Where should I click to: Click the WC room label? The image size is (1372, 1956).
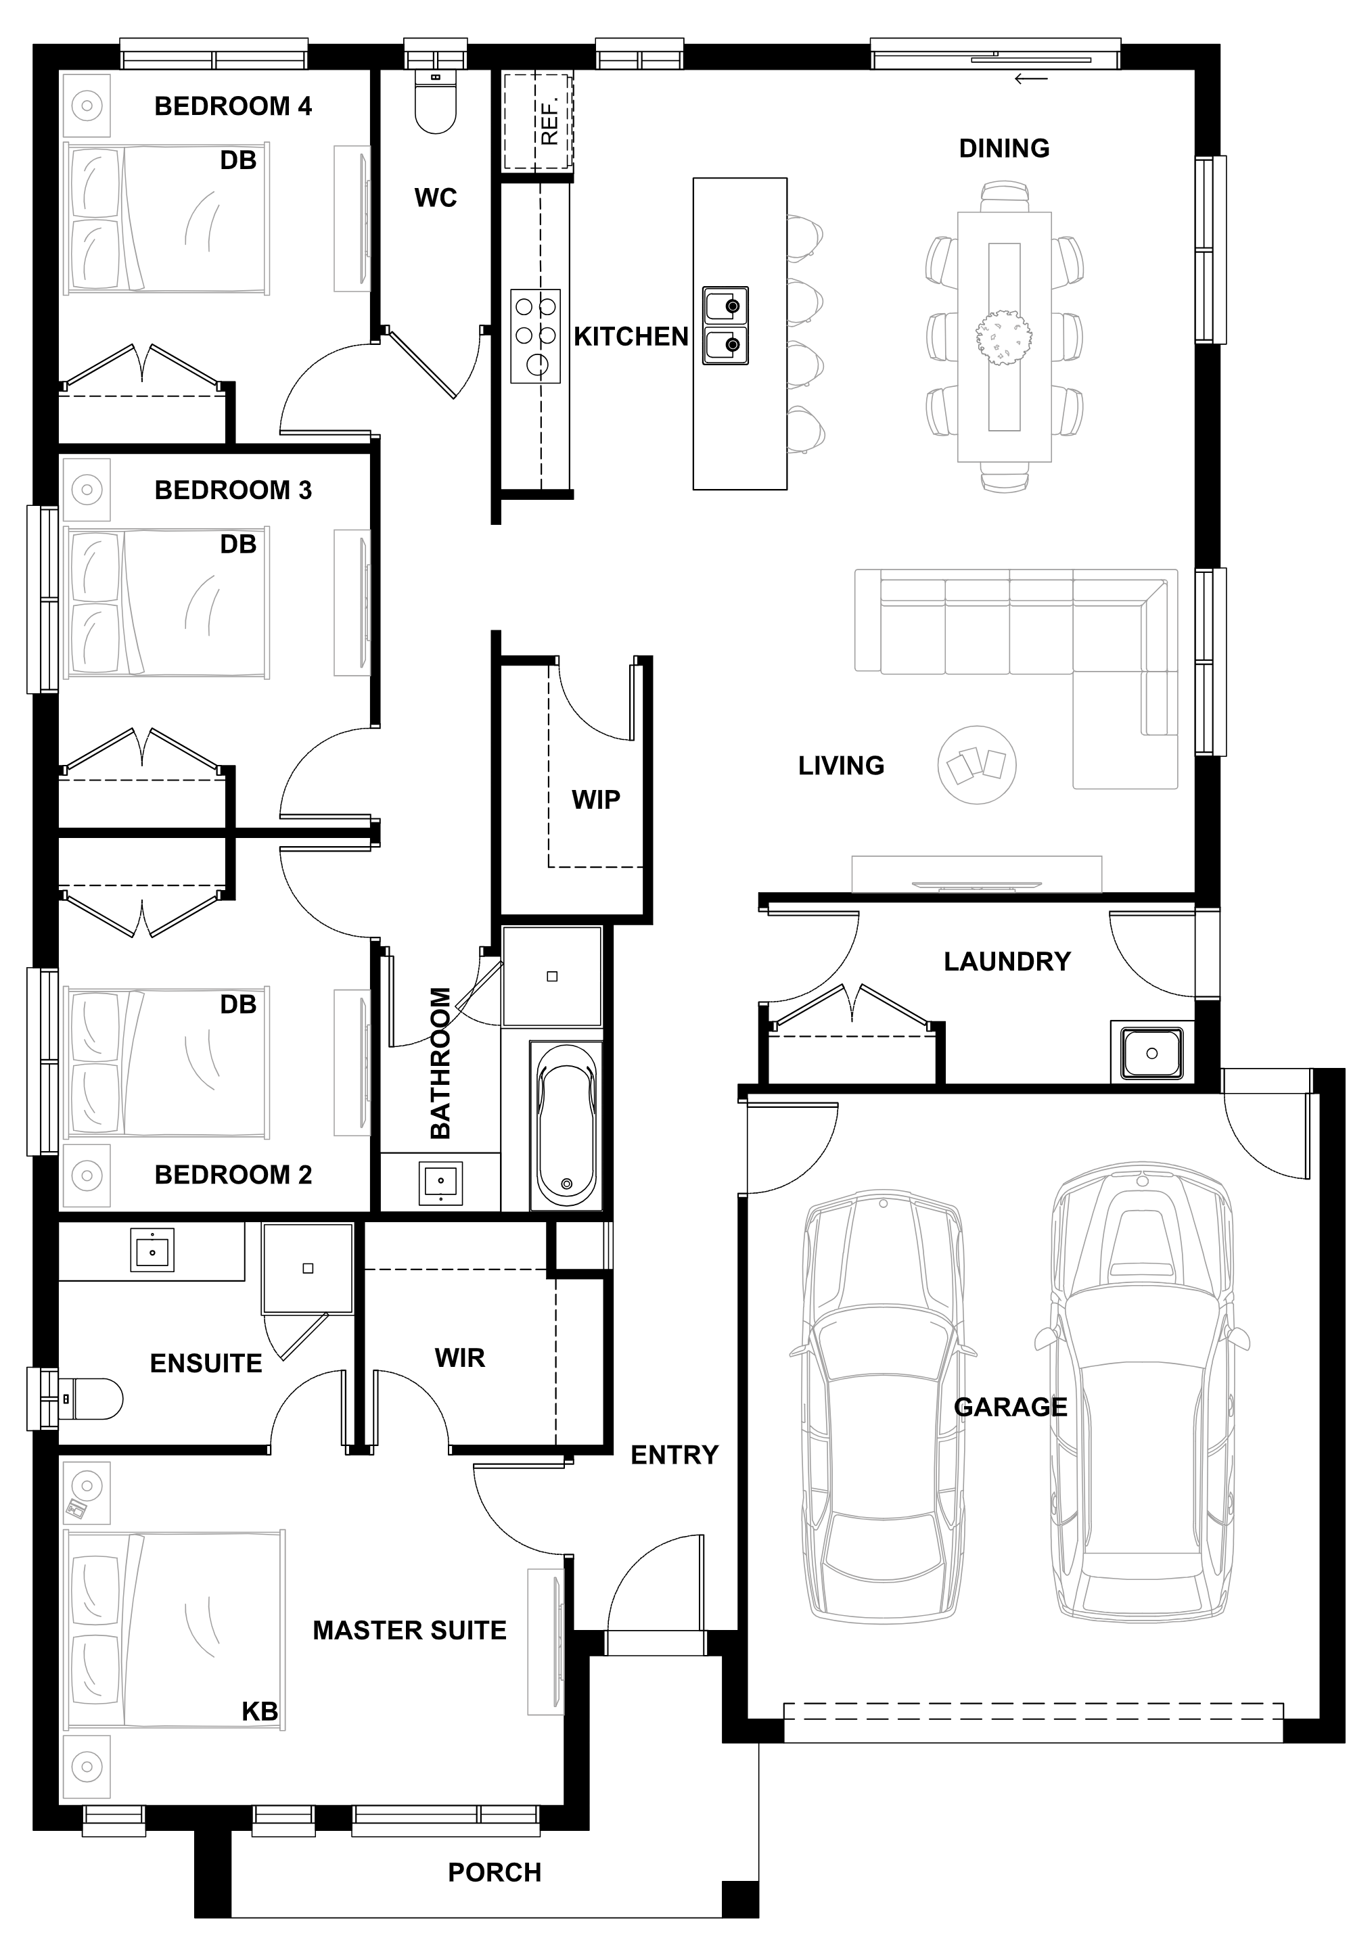click(436, 197)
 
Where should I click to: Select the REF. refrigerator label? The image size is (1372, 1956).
click(549, 122)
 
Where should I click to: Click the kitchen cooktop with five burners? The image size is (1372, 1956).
click(536, 335)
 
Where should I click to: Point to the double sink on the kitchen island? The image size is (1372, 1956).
click(725, 325)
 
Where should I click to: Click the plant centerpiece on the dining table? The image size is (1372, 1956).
click(1004, 337)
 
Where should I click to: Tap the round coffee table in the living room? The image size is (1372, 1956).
click(977, 765)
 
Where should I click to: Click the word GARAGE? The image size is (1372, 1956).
click(1011, 1407)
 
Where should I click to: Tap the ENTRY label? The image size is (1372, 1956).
click(675, 1454)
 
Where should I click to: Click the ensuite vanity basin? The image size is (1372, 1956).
click(152, 1250)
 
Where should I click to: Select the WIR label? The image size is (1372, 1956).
click(459, 1357)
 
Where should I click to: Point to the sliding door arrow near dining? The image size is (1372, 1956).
click(1031, 80)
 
